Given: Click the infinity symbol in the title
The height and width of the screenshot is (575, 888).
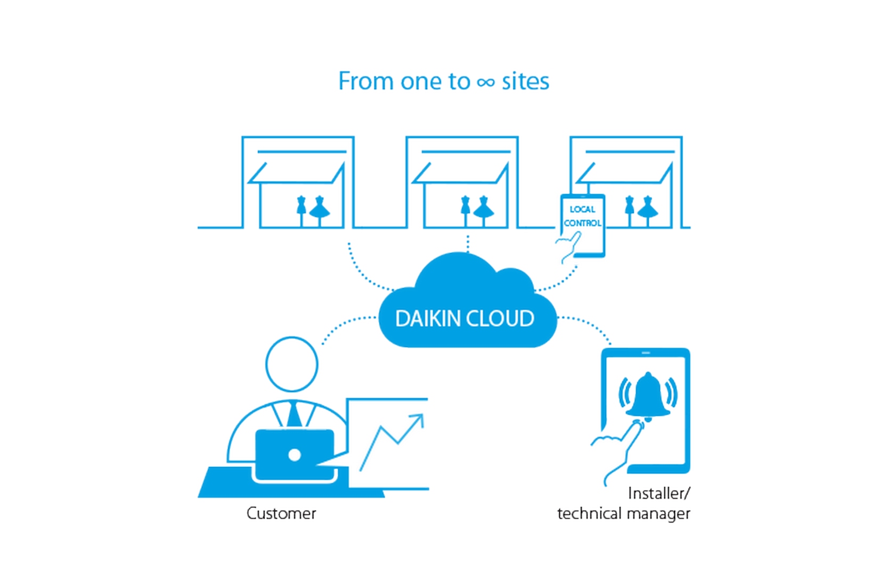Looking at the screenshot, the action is coord(486,83).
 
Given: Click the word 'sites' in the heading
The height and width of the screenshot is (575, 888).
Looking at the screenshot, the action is coord(525,81).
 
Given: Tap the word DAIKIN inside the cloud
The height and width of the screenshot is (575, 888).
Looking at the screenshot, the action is coord(428,318).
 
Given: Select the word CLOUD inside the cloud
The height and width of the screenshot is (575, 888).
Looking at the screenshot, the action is coord(500,318).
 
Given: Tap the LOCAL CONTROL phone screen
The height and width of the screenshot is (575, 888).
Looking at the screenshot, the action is coord(582,225).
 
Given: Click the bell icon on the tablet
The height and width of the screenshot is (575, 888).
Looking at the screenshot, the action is coord(648,396).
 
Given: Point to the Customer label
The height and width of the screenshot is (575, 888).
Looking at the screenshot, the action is coord(281,514).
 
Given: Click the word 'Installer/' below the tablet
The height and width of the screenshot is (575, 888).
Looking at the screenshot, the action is coord(659,494).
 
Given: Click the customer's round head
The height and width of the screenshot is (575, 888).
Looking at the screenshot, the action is coord(292,364).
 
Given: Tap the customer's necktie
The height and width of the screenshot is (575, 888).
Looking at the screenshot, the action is coord(294,415).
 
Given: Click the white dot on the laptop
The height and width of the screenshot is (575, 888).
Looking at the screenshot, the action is coord(294,455).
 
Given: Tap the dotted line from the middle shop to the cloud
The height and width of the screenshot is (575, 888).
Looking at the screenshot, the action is coord(468,244).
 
